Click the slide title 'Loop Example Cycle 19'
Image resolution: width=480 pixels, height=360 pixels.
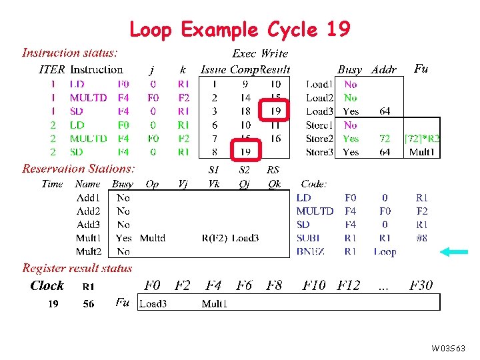239,30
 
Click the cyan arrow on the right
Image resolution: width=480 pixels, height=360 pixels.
454,251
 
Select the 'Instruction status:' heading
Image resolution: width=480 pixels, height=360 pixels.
70,53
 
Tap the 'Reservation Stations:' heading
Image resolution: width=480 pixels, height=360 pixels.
79,169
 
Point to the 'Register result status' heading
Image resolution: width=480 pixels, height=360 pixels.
77,268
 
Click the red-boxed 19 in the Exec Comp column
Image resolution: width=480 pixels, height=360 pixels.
245,152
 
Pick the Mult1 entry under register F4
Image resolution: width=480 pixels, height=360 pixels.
215,303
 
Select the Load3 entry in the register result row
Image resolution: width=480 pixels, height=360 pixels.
152,303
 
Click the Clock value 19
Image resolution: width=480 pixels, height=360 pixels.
53,303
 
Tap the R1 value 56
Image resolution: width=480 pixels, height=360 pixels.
88,303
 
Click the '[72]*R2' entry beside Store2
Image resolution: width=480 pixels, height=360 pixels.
422,139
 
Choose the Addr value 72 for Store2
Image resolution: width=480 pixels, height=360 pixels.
385,139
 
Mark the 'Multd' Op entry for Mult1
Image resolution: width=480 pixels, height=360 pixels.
153,238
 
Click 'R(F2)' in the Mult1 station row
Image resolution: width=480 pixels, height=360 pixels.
214,238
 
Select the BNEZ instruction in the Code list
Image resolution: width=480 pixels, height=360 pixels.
311,251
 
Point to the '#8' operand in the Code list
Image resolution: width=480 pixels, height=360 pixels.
421,238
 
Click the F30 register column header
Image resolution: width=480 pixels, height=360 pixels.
421,285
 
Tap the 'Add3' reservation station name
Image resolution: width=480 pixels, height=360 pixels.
89,225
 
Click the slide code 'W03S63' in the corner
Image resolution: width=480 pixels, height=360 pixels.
449,349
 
